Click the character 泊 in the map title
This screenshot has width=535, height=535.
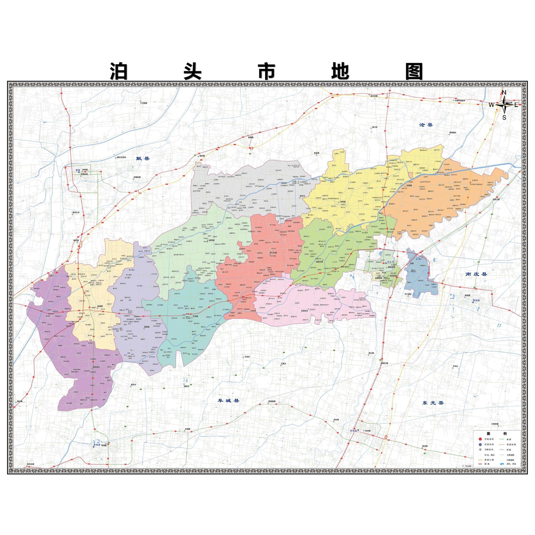click(119, 71)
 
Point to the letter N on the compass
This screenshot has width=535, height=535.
click(504, 93)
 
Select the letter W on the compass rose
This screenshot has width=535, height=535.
click(491, 105)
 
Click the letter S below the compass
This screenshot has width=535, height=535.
click(504, 117)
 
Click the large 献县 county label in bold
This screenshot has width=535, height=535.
click(143, 159)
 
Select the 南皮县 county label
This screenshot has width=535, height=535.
click(476, 274)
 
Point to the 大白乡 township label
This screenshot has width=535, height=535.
click(247, 357)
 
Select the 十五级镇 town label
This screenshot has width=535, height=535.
click(144, 103)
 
